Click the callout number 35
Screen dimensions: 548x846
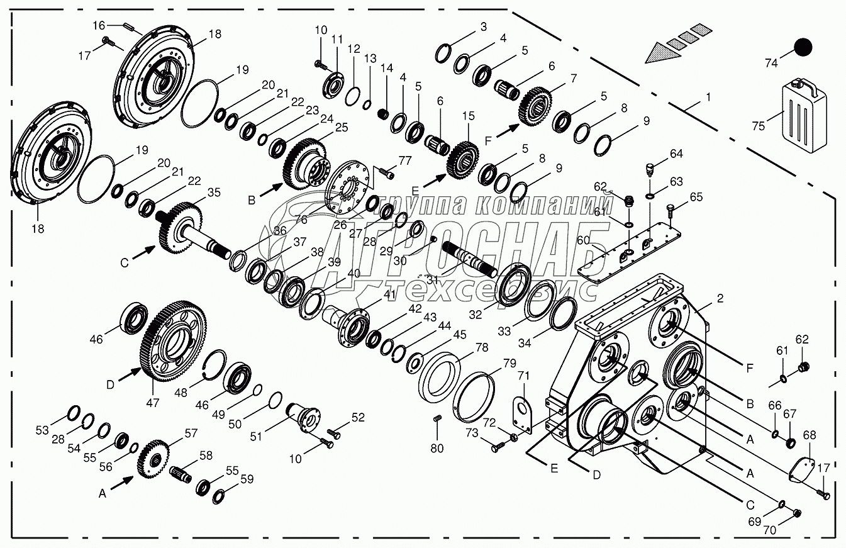213,193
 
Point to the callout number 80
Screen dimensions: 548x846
437,448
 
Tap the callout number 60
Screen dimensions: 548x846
584,240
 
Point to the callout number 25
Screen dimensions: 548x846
341,128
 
